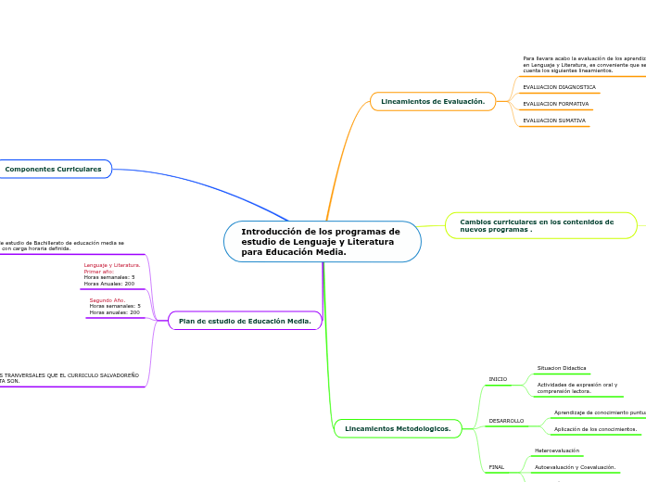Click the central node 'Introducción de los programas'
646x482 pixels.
point(322,242)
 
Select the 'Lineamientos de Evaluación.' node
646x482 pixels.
point(433,101)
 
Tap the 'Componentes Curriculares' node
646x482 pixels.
point(54,169)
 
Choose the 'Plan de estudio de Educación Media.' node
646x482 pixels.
point(245,321)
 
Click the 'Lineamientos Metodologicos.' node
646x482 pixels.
point(398,429)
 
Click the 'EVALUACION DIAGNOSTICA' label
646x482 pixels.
point(559,87)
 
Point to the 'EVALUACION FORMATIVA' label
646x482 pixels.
point(555,104)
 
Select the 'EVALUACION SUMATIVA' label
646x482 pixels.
point(553,120)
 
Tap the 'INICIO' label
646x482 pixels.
point(498,379)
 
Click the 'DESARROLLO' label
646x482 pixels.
point(506,421)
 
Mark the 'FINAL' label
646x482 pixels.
point(497,466)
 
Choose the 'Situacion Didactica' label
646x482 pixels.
point(562,368)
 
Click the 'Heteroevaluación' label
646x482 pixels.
point(557,450)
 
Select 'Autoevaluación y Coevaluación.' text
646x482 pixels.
point(575,467)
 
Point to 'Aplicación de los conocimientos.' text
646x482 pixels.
point(595,429)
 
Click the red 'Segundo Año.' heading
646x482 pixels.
point(108,300)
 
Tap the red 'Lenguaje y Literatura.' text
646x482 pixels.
point(112,265)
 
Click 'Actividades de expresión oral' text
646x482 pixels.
point(576,385)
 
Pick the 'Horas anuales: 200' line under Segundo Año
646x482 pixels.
point(114,312)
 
